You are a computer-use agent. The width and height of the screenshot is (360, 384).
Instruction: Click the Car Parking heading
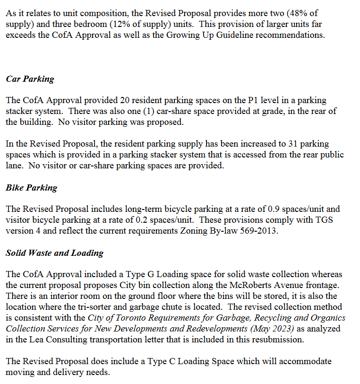(x=30, y=79)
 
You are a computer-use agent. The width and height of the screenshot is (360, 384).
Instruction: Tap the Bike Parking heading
(x=31, y=188)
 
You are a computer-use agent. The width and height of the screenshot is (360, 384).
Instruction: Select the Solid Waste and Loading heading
(x=54, y=253)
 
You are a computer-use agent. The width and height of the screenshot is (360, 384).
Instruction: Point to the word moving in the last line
(x=20, y=372)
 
